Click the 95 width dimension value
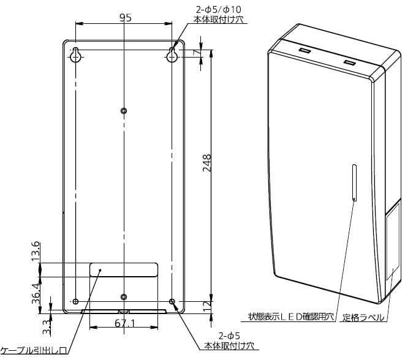pos(125,18)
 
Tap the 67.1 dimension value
pos(124,323)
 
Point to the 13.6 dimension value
pos(36,251)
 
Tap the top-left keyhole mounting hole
pos(76,56)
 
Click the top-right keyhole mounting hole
pos(172,56)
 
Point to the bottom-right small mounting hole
pos(172,301)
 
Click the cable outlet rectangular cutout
pos(124,269)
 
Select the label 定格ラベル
pos(363,317)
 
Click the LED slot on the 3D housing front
pos(354,182)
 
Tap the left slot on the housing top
pos(304,48)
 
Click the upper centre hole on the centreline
pos(124,110)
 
